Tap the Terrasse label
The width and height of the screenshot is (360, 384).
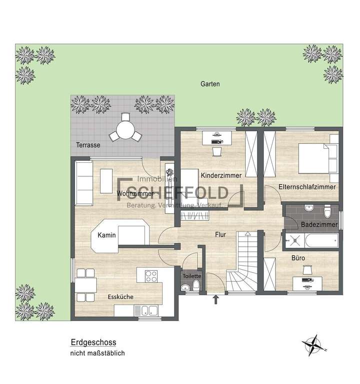point(88,145)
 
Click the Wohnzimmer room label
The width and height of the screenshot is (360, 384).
point(134,193)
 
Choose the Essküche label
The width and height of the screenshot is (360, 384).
point(120,297)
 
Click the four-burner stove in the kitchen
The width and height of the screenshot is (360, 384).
point(150,276)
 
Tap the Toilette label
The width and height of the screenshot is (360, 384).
point(192,276)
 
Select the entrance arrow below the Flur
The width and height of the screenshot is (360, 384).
point(216,299)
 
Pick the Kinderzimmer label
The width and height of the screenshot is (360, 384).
point(221,176)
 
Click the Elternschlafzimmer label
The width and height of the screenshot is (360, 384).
point(307,187)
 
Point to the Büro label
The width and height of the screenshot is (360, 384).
point(298,258)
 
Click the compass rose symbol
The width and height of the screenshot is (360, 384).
point(313,345)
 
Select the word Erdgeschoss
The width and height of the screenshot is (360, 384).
point(93,343)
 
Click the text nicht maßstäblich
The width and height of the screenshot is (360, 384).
point(97,353)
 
